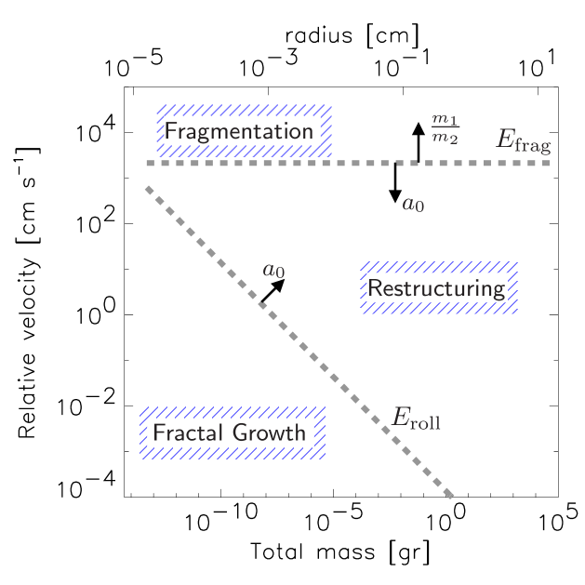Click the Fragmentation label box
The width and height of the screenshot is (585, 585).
click(244, 131)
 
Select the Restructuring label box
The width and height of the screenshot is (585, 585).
click(438, 288)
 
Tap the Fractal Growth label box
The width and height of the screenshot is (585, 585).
click(232, 432)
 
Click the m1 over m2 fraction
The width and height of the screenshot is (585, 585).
click(445, 129)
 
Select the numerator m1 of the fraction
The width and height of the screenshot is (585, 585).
click(445, 120)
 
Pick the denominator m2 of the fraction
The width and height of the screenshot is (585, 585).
click(445, 139)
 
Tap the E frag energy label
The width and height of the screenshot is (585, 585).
click(523, 140)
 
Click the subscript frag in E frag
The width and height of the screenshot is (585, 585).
click(535, 145)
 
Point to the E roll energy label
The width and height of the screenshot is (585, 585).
click(416, 419)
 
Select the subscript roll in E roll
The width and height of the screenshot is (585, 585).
click(426, 423)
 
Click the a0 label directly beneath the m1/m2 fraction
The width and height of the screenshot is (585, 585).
click(413, 204)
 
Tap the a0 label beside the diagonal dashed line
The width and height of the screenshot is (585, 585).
click(273, 271)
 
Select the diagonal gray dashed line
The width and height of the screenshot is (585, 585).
click(298, 340)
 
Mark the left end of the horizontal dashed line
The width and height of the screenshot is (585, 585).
click(148, 164)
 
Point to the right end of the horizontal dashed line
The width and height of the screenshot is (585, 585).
click(548, 164)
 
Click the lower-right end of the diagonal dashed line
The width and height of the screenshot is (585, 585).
click(451, 495)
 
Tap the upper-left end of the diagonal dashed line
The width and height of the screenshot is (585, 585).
click(148, 189)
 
